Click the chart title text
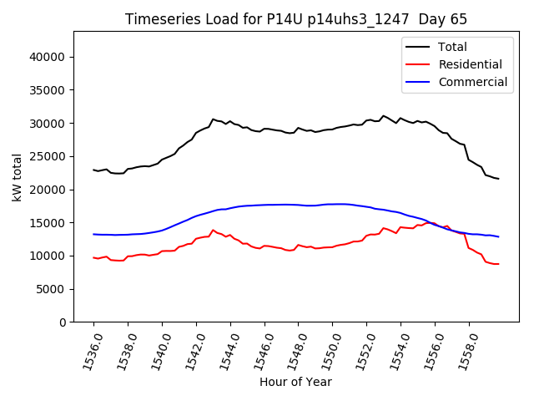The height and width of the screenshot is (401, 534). [x=296, y=18]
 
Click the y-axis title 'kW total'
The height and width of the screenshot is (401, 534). [x=18, y=177]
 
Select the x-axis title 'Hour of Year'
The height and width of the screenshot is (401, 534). [x=295, y=382]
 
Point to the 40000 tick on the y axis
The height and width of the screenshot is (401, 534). [x=48, y=57]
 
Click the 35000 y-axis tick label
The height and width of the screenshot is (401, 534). [x=48, y=90]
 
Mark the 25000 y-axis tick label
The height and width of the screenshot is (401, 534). [x=48, y=156]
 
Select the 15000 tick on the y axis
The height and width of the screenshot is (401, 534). [x=48, y=223]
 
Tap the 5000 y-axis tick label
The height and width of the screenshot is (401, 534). [x=52, y=289]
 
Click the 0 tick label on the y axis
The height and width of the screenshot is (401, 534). [x=63, y=322]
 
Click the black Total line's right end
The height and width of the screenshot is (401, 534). [x=499, y=179]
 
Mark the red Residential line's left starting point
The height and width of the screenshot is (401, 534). [x=93, y=257]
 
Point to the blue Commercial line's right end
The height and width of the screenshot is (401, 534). [x=499, y=236]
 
